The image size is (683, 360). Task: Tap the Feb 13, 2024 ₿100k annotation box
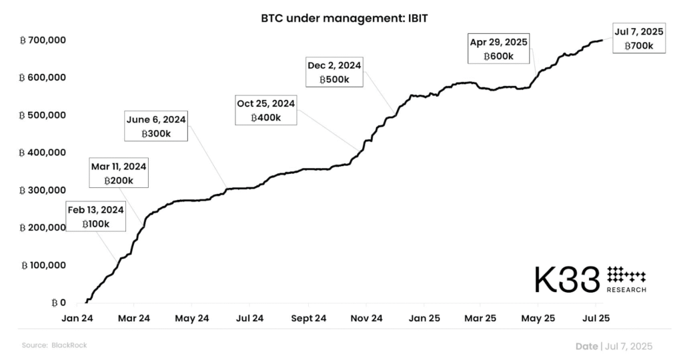(x=95, y=217)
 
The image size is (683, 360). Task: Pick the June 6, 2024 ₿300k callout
(x=156, y=127)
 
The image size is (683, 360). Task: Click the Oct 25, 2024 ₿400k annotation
(x=265, y=110)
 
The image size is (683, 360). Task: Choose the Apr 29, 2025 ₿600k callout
(x=499, y=49)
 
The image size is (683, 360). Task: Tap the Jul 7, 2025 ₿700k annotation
(x=639, y=38)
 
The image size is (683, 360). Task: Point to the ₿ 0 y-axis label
(x=58, y=303)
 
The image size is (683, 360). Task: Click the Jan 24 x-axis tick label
(x=78, y=318)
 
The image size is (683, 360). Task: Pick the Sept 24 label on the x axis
(x=309, y=318)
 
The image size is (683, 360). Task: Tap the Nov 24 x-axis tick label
(x=366, y=318)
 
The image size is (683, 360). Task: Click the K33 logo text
(x=567, y=280)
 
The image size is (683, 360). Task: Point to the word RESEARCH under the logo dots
(x=626, y=290)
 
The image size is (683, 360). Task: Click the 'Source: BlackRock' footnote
(x=54, y=345)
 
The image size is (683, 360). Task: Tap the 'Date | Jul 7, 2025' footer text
(x=614, y=346)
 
